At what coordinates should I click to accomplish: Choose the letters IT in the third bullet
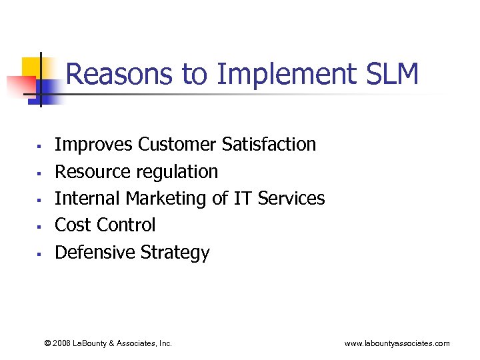[243, 198]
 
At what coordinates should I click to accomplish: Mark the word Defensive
[95, 253]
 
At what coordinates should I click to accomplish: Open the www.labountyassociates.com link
[397, 343]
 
